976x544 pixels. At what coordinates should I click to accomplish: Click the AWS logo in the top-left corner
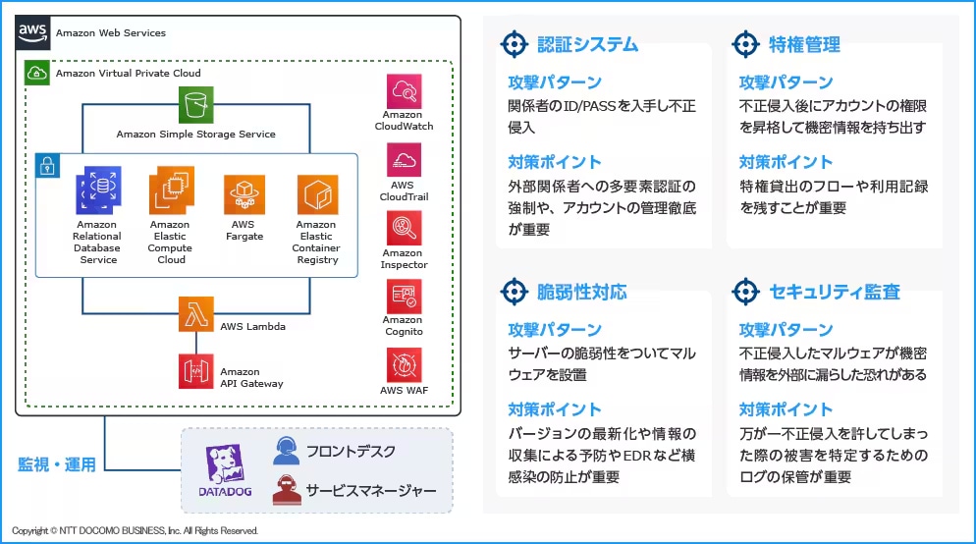tap(32, 33)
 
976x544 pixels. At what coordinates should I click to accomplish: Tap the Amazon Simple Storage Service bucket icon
tap(195, 105)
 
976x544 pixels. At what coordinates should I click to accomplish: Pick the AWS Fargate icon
tap(244, 195)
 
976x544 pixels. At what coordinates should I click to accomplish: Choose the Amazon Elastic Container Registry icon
tap(316, 195)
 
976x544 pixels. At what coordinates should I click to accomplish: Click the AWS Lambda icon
tap(195, 314)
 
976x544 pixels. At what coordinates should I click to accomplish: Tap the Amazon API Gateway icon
tap(195, 372)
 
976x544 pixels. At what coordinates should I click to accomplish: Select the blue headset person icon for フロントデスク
tap(286, 451)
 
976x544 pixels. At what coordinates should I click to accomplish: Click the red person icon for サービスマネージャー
tap(286, 489)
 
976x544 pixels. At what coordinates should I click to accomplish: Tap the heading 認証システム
tap(587, 44)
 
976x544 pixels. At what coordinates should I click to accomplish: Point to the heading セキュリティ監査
tap(835, 292)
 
